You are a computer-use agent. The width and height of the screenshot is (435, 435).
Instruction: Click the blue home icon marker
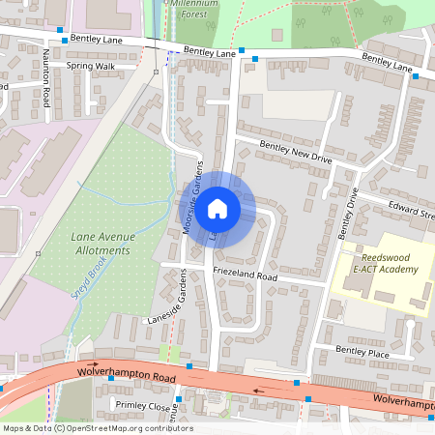click(x=217, y=207)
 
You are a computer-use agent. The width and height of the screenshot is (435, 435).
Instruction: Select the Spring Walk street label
click(x=90, y=66)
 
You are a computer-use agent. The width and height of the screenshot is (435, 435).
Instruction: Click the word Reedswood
click(x=389, y=257)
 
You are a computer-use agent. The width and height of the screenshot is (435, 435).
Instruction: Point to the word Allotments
click(x=99, y=250)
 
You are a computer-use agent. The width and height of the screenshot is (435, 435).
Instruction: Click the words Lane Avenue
click(x=100, y=237)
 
